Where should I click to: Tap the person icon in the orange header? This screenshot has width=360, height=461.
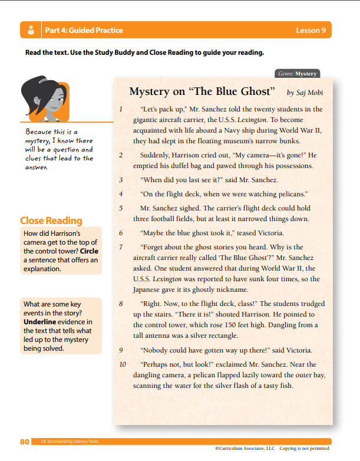[x=29, y=30]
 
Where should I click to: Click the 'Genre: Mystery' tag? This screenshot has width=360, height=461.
[x=298, y=74]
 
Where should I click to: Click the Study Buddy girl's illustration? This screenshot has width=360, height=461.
[x=44, y=100]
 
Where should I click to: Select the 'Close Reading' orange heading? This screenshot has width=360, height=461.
[x=51, y=220]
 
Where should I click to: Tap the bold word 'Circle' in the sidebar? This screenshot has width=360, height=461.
[x=88, y=251]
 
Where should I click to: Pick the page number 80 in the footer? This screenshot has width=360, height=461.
[x=25, y=442]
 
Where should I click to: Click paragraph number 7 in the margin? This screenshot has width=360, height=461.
[x=120, y=247]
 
